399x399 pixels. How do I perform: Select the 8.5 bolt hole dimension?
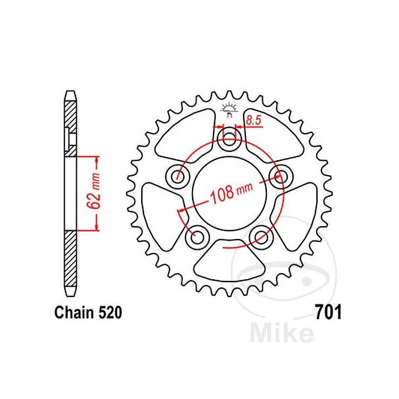254,120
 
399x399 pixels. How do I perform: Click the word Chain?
74,313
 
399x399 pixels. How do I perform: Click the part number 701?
328,312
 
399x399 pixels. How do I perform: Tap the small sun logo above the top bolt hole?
228,109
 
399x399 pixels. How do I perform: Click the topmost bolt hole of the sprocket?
229,139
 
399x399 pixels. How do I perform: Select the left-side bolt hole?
178,176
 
